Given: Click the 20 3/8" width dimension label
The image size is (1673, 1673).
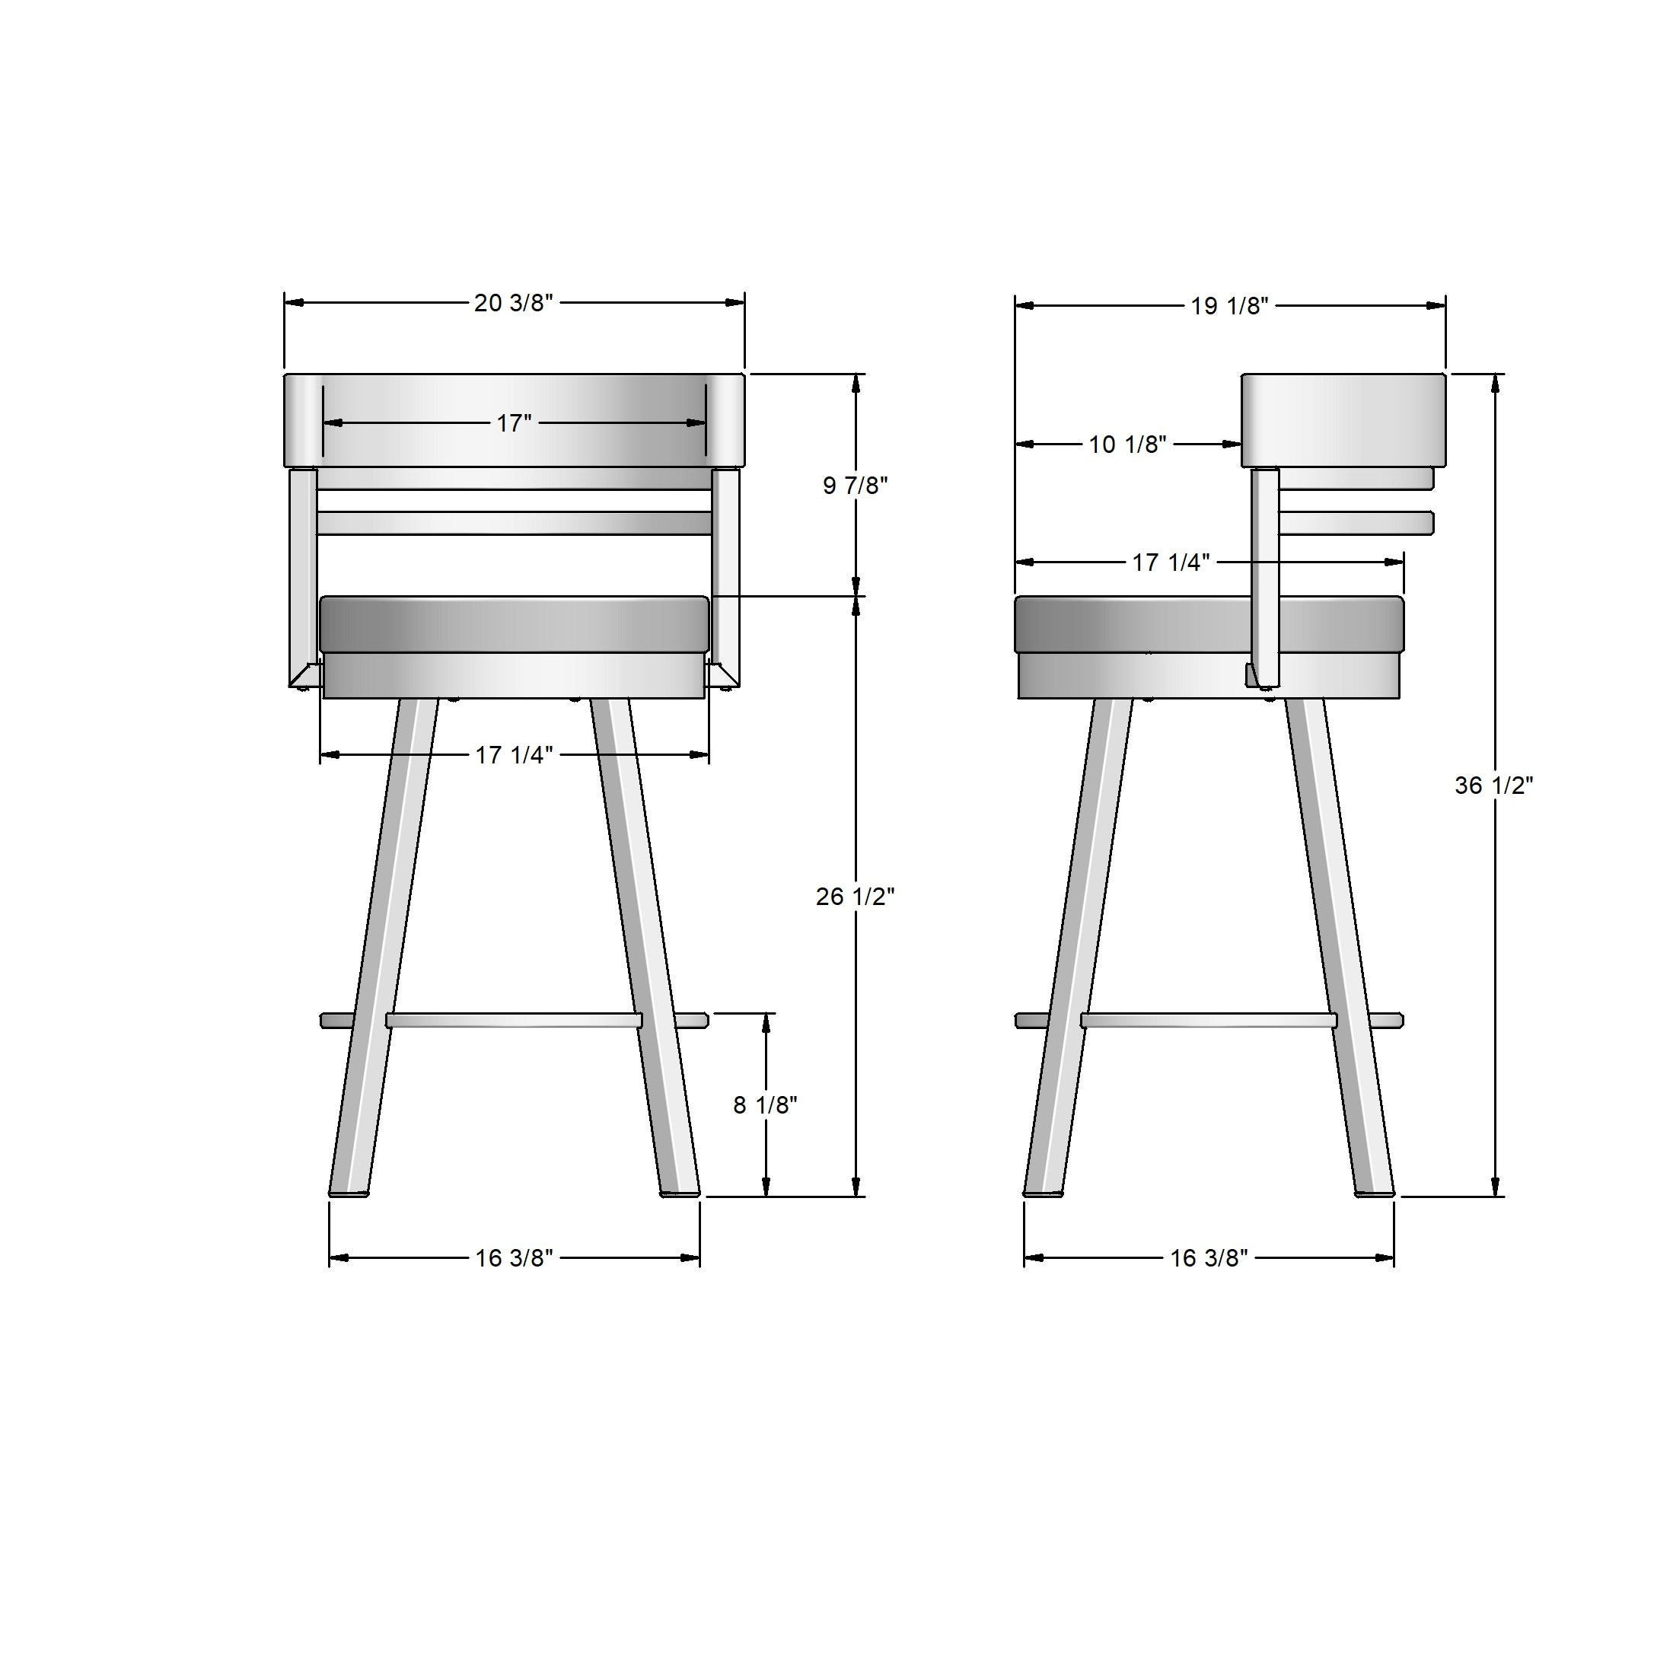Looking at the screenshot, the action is point(514,303).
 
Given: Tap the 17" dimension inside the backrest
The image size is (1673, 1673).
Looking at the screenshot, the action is point(514,423).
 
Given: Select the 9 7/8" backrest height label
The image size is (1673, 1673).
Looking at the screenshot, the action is point(856,486).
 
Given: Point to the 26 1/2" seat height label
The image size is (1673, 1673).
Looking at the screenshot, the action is point(855,897).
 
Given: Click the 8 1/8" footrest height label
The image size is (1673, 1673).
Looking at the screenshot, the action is point(766,1105).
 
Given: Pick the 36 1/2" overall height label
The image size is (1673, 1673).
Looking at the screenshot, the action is point(1493,786).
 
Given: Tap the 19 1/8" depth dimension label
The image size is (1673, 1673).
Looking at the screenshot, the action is point(1230,306).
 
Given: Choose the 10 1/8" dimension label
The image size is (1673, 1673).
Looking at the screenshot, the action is point(1127,445).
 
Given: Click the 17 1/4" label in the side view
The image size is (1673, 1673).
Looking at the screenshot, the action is point(1171,562).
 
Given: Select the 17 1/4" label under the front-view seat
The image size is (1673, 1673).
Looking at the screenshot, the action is point(514,755).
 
